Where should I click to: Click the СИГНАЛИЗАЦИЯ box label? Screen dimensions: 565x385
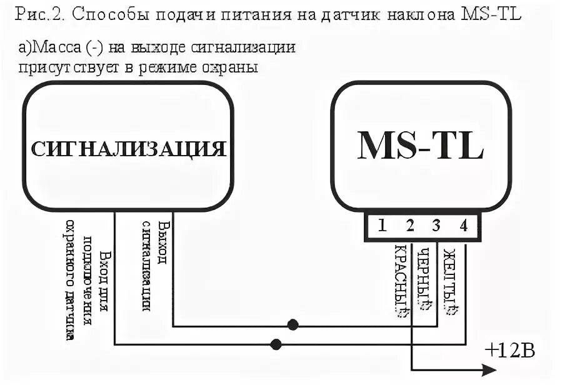[x=128, y=149]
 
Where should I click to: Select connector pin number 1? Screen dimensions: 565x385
[x=382, y=226]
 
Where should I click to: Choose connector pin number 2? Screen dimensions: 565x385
[x=410, y=226]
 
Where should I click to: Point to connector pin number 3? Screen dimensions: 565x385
[x=436, y=226]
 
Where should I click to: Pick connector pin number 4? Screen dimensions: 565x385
[x=463, y=226]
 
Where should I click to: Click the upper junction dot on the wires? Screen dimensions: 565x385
[x=292, y=325]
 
